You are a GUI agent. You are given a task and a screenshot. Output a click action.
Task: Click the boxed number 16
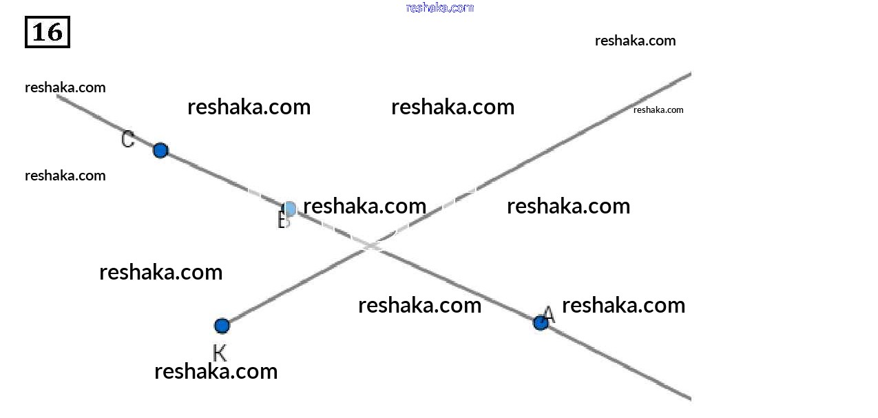[x=48, y=32]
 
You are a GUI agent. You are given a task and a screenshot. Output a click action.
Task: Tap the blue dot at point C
[x=160, y=150]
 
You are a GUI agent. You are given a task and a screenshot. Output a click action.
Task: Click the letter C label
[x=127, y=140]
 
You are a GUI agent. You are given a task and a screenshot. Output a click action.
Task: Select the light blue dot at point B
[x=290, y=209]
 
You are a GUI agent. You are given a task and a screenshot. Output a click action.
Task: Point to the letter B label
[x=283, y=221]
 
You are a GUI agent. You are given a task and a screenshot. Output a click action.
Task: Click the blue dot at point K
[x=222, y=326]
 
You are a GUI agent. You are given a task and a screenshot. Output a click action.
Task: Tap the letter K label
[x=220, y=353]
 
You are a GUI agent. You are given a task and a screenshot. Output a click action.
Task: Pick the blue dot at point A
[x=541, y=322]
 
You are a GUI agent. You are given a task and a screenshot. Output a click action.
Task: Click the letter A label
[x=548, y=315]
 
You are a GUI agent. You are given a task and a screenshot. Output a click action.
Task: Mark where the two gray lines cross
[x=373, y=246]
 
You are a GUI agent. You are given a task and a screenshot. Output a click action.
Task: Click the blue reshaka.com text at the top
[x=440, y=8]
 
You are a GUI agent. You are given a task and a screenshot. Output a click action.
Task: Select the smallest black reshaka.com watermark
[x=658, y=109]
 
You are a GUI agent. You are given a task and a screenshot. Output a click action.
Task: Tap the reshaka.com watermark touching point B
[x=364, y=206]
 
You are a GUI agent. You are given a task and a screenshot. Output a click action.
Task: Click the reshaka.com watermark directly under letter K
[x=216, y=371]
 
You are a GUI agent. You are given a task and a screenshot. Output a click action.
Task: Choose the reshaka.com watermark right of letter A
[x=623, y=305]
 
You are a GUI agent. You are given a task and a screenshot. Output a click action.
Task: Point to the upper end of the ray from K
[x=689, y=73]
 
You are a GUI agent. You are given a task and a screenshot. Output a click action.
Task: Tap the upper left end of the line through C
[x=59, y=96]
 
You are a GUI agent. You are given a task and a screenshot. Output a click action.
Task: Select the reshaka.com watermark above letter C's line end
[x=65, y=87]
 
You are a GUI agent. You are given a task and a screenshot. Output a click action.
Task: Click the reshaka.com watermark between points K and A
[x=419, y=305]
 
